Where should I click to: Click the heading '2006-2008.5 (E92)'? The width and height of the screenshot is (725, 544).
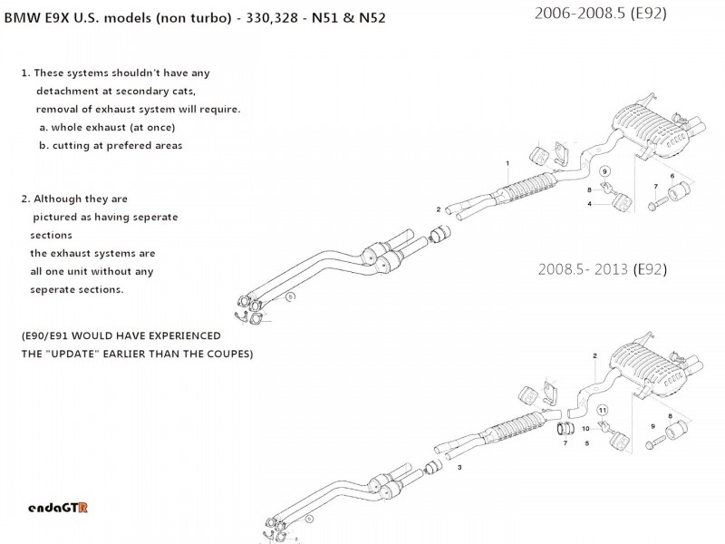[601, 13]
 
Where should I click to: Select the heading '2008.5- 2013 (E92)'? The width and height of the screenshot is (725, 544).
[602, 268]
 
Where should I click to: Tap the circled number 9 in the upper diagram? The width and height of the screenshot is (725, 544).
[606, 170]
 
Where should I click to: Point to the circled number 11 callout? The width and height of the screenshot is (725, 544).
[604, 410]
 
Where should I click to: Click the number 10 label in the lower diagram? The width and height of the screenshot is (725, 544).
[585, 428]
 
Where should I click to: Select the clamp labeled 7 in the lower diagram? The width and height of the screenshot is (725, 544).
[563, 428]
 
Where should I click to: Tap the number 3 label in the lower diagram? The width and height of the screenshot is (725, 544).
[459, 468]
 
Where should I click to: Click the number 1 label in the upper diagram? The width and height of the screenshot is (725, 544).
[508, 163]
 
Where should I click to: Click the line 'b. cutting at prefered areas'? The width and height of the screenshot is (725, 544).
[111, 145]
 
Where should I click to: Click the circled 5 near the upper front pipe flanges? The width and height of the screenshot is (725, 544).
[290, 296]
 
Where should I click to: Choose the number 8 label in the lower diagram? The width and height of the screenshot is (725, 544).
[670, 416]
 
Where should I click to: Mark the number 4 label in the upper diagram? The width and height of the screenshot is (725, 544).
[589, 204]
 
